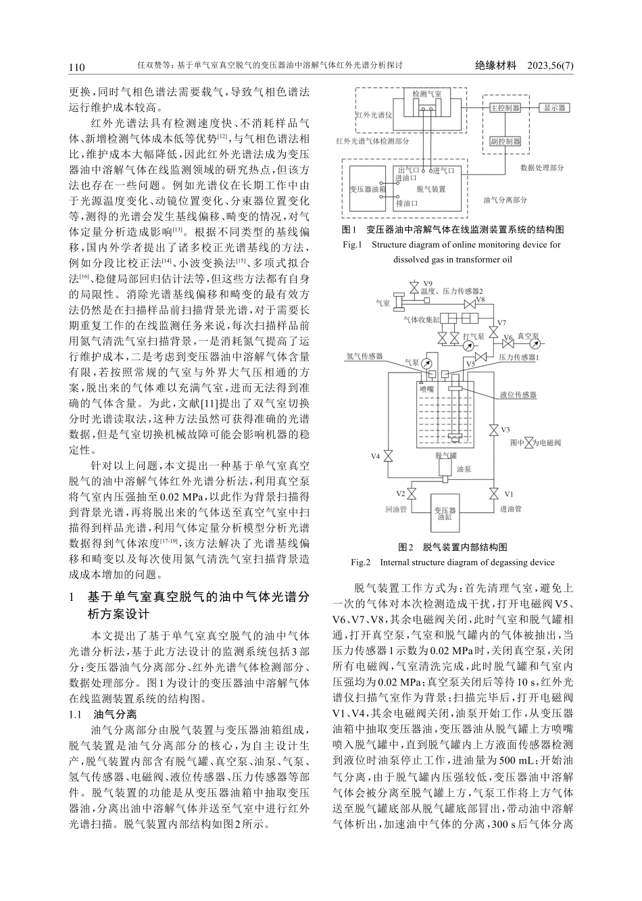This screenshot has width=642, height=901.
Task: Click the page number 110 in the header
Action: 76,66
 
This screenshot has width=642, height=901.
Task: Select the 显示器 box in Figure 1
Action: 555,108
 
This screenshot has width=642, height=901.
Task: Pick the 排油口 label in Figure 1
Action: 407,203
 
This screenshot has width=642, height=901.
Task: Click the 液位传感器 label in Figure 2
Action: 518,394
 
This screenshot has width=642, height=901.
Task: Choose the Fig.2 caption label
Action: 361,562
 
